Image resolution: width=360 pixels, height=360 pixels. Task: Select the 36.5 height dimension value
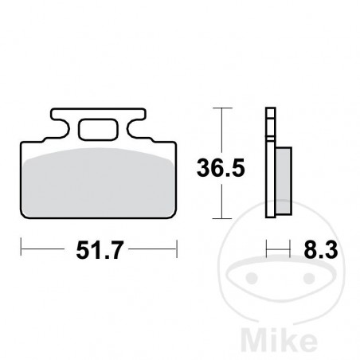click(218, 169)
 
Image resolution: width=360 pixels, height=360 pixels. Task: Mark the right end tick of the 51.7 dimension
click(176, 252)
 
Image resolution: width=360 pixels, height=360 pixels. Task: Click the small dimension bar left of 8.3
click(277, 252)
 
